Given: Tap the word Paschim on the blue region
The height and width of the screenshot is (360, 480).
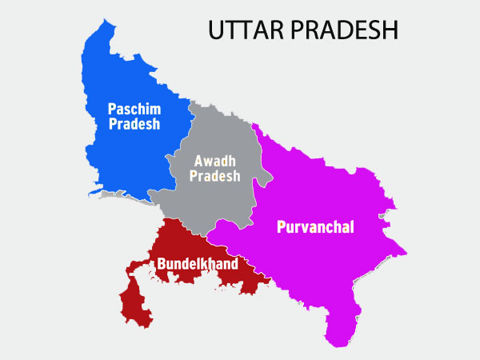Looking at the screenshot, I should (134, 108).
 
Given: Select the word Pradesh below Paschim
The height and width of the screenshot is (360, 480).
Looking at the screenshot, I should (135, 124).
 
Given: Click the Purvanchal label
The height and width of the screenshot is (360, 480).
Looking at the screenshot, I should (315, 227).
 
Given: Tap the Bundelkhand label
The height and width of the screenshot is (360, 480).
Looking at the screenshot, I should (197, 262).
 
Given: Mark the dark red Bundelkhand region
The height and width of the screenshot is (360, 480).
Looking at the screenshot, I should (184, 240).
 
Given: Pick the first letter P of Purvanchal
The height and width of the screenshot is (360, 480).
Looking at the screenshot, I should (281, 227).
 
